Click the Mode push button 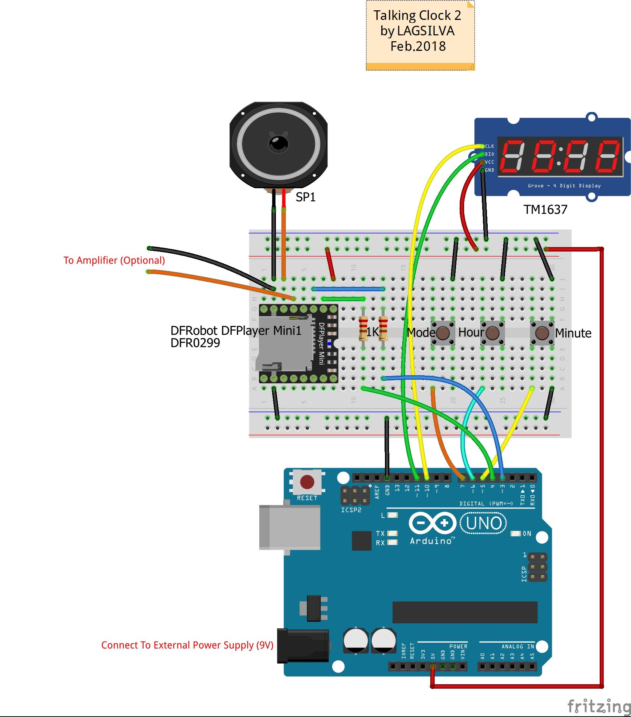442,333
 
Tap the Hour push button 492,333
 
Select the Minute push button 542,333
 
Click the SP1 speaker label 305,197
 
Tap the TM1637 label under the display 545,210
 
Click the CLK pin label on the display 490,146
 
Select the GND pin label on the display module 490,170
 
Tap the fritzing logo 599,706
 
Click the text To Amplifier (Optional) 114,260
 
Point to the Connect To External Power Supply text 187,645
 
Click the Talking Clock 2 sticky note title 417,15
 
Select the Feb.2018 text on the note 418,46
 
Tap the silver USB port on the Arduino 290,527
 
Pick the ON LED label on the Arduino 527,534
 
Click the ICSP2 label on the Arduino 351,510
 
